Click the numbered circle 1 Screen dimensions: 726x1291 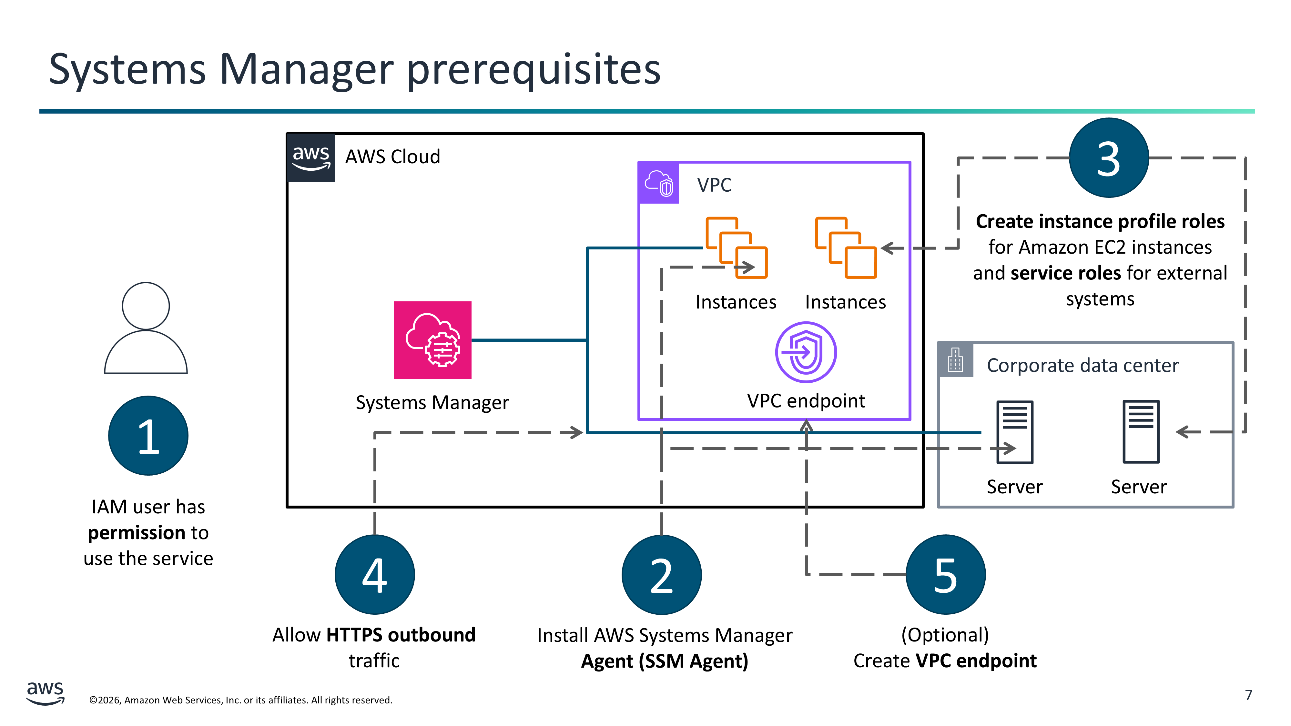(x=148, y=435)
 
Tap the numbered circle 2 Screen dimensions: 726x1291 (x=662, y=575)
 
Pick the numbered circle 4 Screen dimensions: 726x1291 (x=374, y=575)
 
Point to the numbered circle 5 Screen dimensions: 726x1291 (x=946, y=575)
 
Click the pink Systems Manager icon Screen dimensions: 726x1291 (x=432, y=340)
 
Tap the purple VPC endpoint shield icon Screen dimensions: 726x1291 (x=806, y=352)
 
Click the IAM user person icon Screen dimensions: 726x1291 (x=146, y=328)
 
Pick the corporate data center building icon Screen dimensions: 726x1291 (x=955, y=360)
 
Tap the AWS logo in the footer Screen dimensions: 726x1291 (x=45, y=693)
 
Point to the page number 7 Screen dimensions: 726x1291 (x=1248, y=695)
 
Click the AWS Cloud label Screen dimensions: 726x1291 (x=392, y=157)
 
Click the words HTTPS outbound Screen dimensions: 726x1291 (x=401, y=635)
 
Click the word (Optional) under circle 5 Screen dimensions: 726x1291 (x=945, y=635)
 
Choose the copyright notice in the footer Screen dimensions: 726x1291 (x=240, y=700)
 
